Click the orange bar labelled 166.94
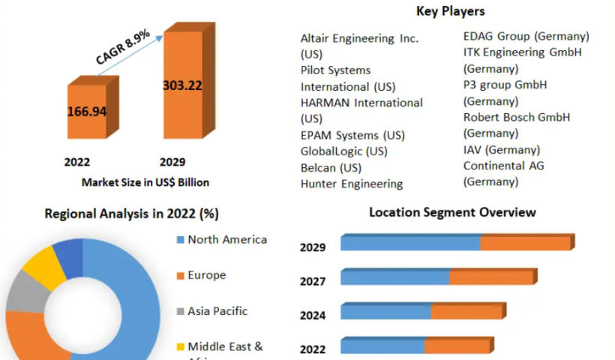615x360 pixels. [87, 112]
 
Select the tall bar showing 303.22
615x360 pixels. [182, 86]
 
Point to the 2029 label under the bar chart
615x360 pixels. [172, 162]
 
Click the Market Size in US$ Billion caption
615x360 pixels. [145, 181]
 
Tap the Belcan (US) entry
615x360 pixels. [331, 167]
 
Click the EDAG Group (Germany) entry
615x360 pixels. [526, 36]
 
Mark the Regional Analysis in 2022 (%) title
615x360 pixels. [131, 214]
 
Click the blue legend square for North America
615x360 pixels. [179, 240]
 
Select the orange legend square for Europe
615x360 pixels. [179, 276]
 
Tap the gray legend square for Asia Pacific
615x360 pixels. [179, 311]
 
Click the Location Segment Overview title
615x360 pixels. [452, 212]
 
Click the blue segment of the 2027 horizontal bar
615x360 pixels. [395, 277]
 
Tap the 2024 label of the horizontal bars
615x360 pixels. [313, 315]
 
